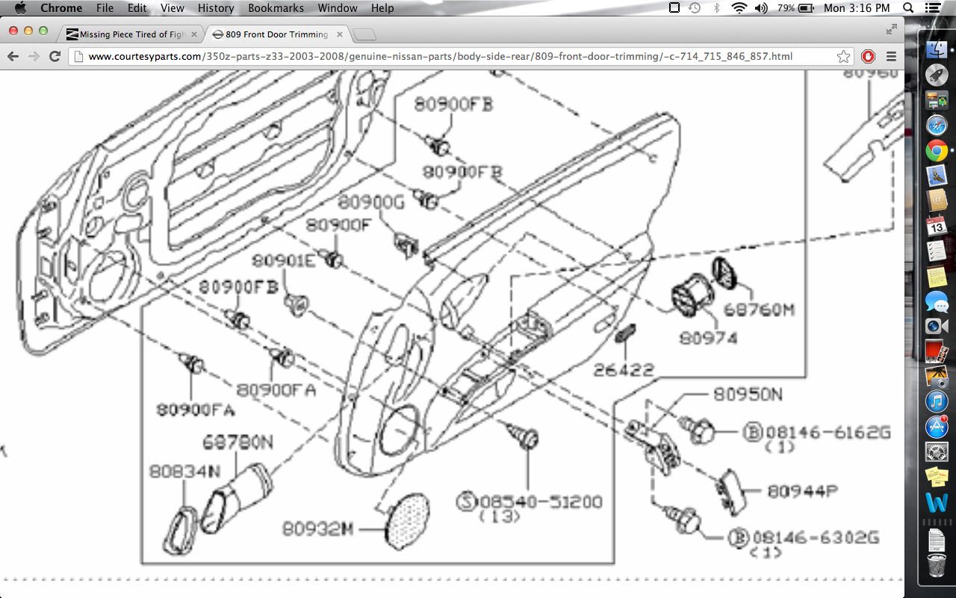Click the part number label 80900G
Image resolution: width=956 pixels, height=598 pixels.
(370, 202)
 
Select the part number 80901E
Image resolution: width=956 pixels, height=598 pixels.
(283, 260)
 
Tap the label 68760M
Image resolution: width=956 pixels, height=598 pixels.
(758, 309)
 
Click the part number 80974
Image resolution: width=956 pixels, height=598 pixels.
(707, 338)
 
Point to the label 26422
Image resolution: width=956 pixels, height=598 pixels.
(624, 369)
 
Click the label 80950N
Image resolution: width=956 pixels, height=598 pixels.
(747, 394)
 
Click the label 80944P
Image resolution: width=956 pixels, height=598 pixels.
(803, 491)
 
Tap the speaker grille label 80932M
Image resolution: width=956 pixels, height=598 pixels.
(317, 528)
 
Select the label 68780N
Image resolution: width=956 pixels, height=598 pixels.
(238, 443)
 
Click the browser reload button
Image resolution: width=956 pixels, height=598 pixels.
(55, 56)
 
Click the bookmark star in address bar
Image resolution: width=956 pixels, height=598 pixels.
(843, 56)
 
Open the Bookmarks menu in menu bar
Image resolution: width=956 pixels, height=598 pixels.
(276, 8)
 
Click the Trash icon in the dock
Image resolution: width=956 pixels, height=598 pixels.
(937, 566)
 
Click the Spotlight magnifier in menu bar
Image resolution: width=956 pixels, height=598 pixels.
(909, 8)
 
